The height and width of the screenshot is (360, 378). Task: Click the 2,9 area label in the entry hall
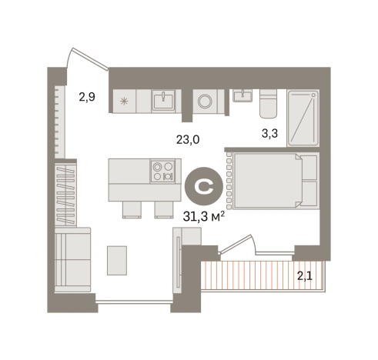87,97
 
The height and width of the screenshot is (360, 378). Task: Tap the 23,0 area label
188,140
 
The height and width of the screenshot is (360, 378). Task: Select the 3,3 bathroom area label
269,134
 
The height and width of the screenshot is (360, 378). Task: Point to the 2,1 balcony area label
305,276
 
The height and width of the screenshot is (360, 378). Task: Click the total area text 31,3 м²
204,217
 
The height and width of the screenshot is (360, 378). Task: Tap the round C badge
204,186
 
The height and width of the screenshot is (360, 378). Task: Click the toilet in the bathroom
268,103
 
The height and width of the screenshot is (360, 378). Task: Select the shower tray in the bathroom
303,118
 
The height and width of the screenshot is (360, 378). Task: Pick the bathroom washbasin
243,95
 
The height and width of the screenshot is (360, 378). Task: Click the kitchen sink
163,100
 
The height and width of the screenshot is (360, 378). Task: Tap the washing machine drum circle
205,102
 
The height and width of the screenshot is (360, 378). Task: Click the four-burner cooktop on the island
162,171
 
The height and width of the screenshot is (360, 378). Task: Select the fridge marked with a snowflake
125,102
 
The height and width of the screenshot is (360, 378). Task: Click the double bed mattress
267,180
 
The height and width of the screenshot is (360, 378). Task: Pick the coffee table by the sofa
117,261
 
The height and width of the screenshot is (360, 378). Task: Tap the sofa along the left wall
73,259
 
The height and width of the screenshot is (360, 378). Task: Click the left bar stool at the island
132,209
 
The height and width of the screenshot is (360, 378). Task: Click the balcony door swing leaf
236,243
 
